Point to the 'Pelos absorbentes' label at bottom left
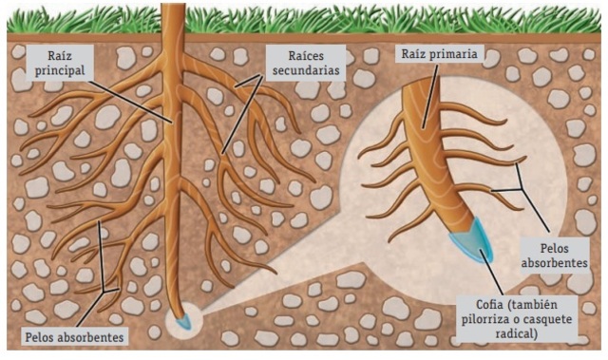[x=73, y=336]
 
